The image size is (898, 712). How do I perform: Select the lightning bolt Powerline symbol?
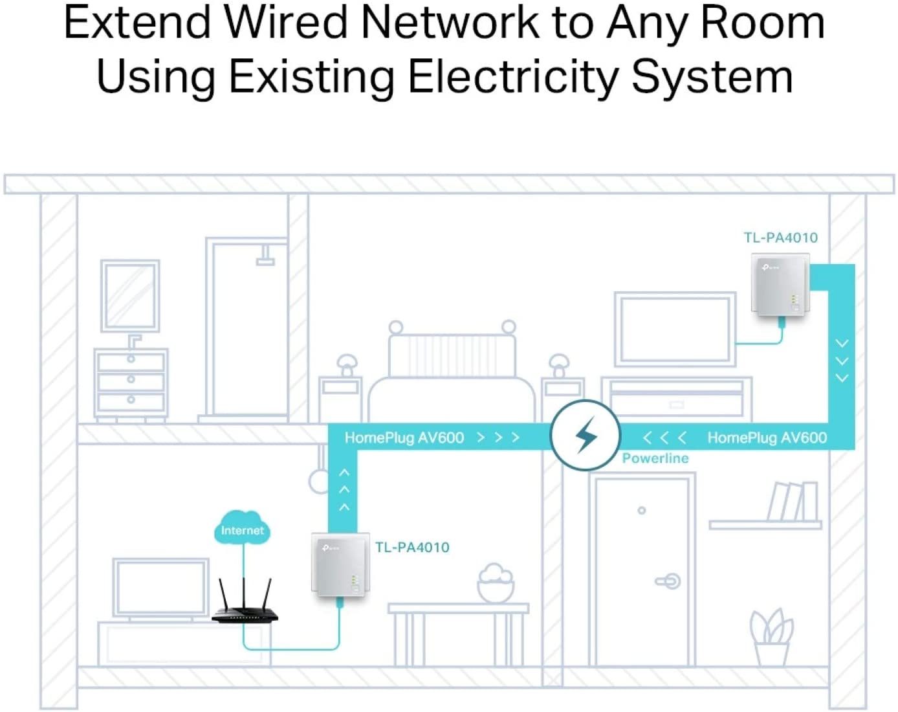click(586, 435)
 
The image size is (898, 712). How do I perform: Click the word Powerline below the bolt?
click(655, 458)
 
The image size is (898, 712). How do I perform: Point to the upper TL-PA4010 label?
click(780, 238)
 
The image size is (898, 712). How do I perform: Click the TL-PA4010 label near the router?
click(412, 548)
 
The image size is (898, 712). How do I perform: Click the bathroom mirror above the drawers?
click(130, 296)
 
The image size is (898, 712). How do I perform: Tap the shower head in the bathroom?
click(265, 257)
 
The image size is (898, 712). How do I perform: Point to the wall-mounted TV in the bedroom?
click(675, 329)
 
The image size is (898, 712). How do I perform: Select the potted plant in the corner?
click(771, 637)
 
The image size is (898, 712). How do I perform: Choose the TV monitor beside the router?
click(160, 588)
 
